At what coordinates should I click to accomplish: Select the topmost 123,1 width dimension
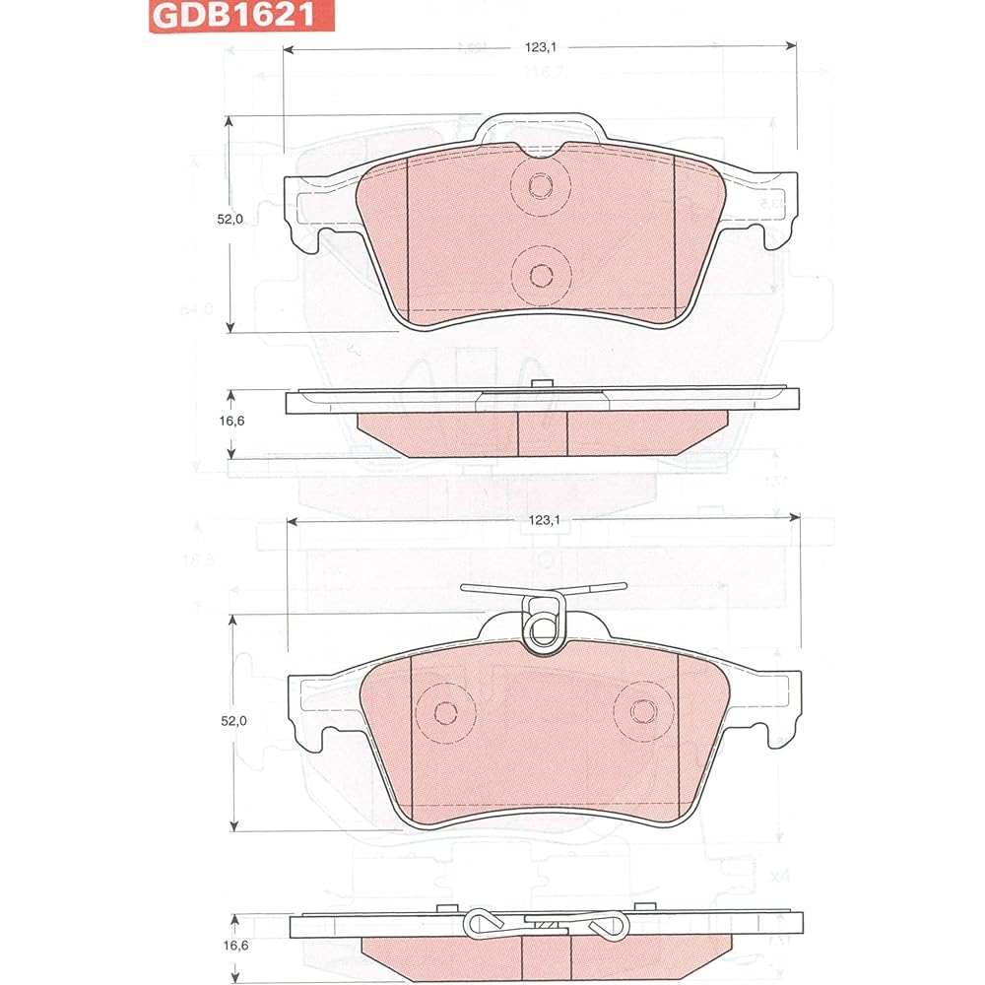point(542,45)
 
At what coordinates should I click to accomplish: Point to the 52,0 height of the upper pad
point(230,220)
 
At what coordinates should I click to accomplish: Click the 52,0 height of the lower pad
point(232,721)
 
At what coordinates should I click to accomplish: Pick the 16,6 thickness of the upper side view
point(230,421)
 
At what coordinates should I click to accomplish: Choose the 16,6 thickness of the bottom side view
point(232,944)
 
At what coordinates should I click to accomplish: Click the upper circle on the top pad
point(540,185)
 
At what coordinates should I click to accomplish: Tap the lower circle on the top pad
point(540,275)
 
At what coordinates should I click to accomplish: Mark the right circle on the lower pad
point(642,711)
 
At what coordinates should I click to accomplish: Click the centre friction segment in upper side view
point(542,433)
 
